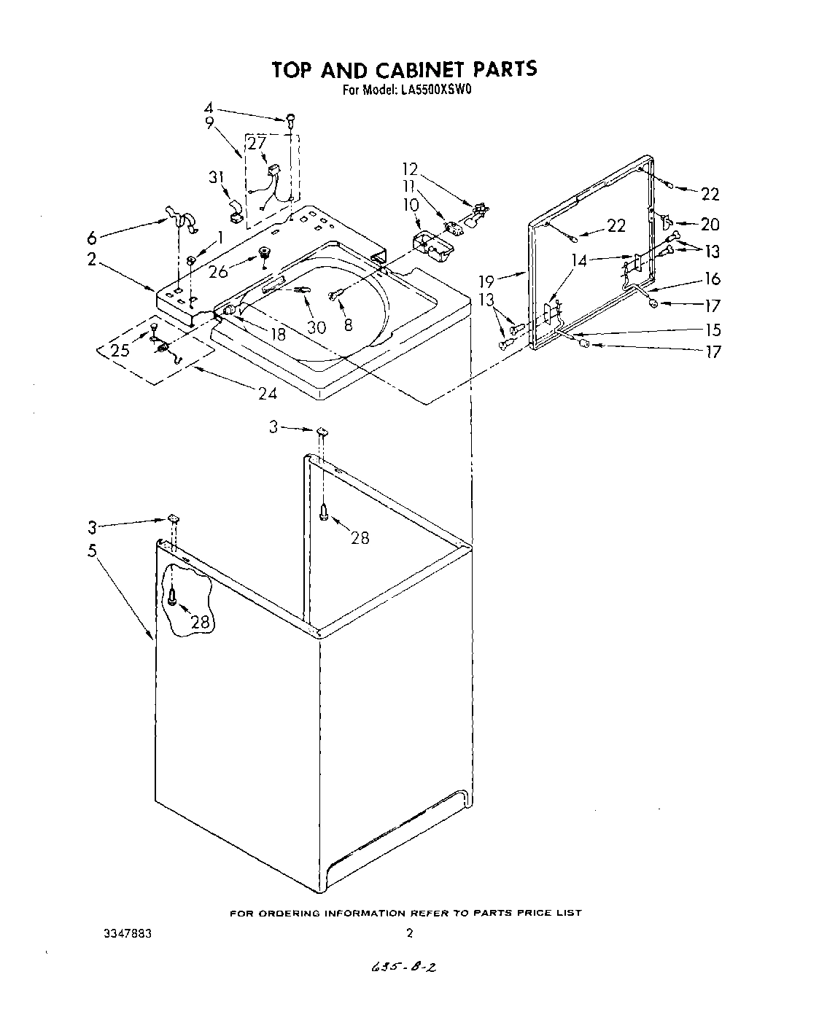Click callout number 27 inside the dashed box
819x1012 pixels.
(x=256, y=144)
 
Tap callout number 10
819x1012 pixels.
(x=411, y=205)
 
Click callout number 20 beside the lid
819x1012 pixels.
(x=710, y=225)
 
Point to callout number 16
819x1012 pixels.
(x=713, y=279)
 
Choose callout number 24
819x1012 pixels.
(x=268, y=393)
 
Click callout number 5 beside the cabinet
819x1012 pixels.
(x=93, y=550)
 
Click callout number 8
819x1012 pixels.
(x=348, y=324)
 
